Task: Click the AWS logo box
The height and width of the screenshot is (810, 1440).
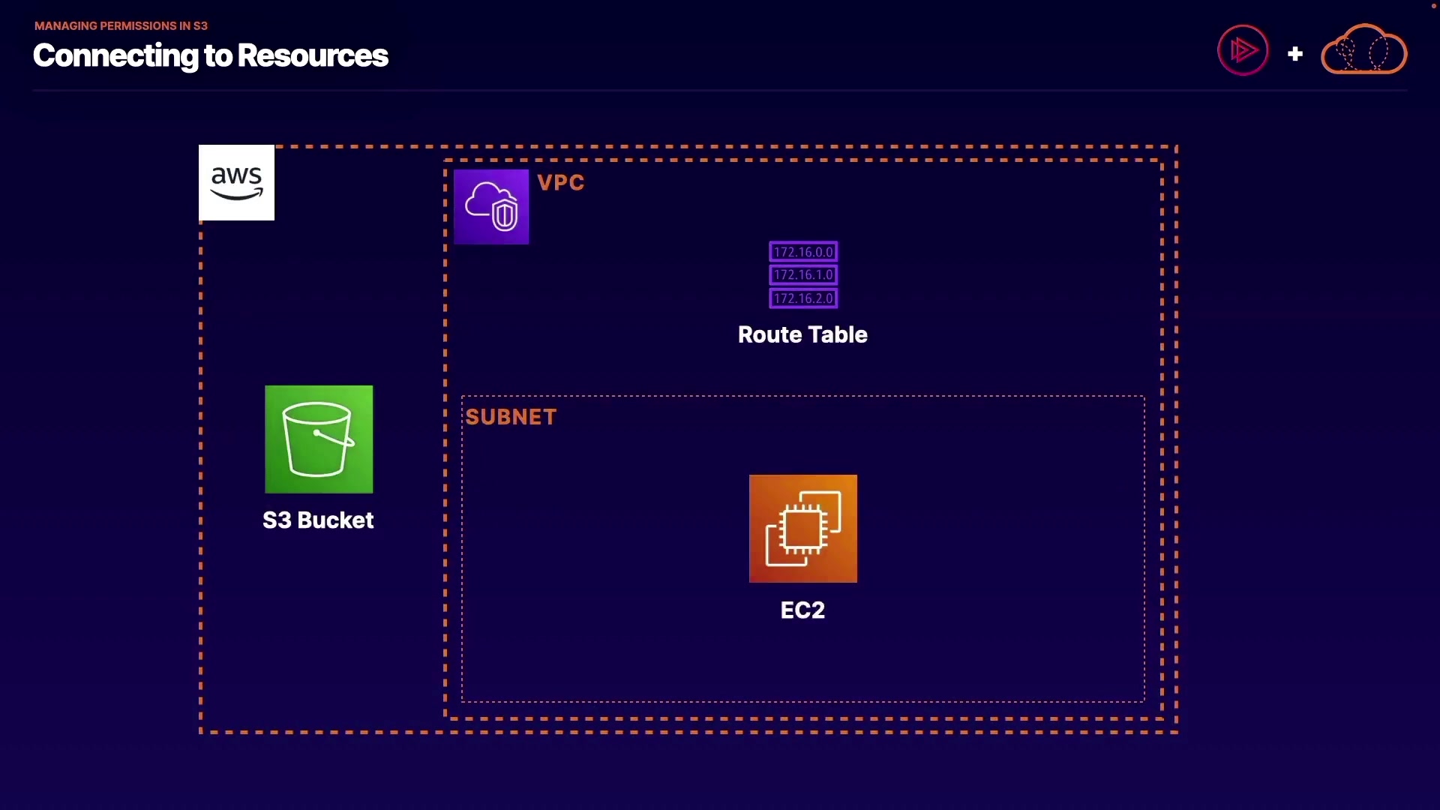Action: point(236,182)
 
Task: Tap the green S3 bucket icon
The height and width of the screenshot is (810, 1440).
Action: point(319,439)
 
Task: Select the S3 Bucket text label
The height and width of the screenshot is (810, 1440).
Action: point(318,520)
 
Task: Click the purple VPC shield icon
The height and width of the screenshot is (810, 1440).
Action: point(491,207)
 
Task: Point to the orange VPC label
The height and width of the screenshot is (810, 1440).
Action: point(561,182)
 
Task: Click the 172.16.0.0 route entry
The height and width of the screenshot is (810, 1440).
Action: point(803,252)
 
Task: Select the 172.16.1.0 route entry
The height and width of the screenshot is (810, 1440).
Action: point(803,275)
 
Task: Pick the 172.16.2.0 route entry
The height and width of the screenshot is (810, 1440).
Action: point(803,298)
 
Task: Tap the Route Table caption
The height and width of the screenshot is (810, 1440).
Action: point(802,334)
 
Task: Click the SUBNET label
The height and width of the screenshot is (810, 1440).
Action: point(511,417)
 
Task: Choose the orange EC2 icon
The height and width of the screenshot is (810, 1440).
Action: point(803,529)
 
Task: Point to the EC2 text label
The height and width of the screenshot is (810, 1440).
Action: point(802,610)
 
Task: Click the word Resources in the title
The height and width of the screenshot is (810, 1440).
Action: point(313,55)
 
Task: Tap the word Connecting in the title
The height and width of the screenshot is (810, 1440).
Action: point(115,56)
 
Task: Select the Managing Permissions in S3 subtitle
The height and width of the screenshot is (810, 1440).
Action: point(121,25)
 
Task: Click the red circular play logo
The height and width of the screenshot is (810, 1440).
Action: point(1243,50)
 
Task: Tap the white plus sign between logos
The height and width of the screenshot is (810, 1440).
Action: point(1295,54)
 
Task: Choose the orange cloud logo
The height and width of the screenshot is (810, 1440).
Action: point(1363,49)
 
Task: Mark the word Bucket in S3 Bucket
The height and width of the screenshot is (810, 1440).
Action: point(335,520)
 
